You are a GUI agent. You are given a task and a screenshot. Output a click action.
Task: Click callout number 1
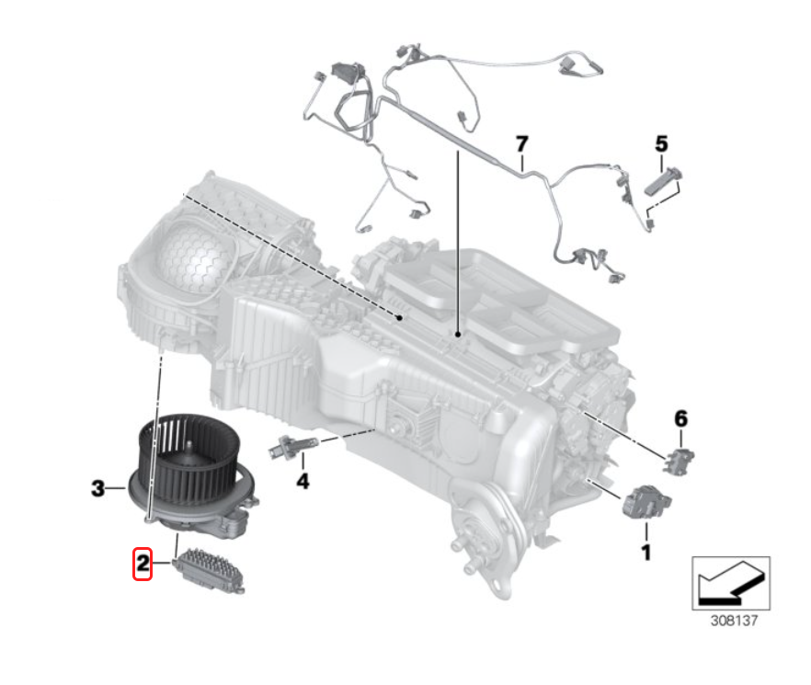[646, 553]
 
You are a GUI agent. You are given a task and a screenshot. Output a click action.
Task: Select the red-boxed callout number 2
[143, 564]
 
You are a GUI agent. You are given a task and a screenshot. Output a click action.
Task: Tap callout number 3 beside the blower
[97, 488]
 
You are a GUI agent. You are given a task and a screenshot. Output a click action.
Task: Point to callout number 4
[303, 481]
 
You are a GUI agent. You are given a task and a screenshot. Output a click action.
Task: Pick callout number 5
[661, 143]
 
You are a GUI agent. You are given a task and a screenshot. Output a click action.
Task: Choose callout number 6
[680, 418]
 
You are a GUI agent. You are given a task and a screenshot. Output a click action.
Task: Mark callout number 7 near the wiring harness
[522, 143]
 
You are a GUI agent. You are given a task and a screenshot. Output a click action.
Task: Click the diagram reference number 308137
[734, 621]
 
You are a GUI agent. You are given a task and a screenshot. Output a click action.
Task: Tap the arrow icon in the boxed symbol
[731, 584]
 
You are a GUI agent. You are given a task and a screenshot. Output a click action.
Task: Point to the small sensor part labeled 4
[292, 446]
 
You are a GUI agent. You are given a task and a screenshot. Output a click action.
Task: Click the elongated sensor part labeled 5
[663, 182]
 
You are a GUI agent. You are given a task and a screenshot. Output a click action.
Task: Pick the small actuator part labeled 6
[678, 461]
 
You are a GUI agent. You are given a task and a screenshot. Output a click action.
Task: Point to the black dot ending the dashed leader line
[399, 317]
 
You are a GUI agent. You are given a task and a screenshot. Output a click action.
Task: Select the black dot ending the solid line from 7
[458, 334]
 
